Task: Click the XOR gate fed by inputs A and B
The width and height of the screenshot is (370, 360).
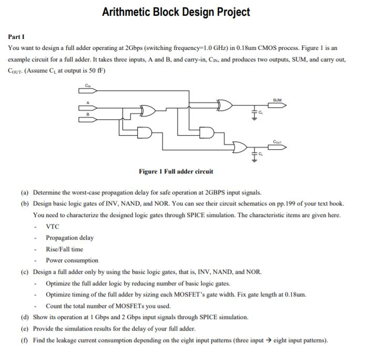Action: (149, 111)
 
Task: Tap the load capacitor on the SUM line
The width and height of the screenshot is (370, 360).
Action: (254, 114)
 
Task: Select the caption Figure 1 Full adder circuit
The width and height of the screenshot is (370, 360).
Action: (176, 171)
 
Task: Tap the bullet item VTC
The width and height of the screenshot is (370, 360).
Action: (53, 227)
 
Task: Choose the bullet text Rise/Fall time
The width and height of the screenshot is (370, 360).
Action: (64, 249)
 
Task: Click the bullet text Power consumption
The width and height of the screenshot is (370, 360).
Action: (71, 260)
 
